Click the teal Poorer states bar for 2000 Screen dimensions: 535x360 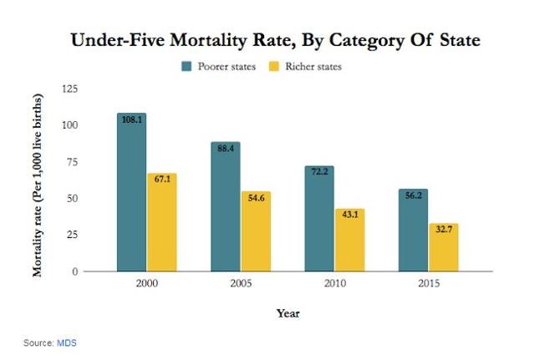132,192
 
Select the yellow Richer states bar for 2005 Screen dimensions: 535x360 257,231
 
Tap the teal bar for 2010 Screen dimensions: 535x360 319,219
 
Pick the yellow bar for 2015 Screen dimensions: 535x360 444,247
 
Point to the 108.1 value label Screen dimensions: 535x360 132,119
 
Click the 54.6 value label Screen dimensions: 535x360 257,198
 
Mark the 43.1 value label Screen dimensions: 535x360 350,215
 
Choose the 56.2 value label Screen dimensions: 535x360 414,195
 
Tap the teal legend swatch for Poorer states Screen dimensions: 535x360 186,66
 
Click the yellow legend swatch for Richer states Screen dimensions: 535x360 274,66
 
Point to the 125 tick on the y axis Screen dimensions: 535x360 69,89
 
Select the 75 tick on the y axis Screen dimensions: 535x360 73,162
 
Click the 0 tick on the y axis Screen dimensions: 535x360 75,271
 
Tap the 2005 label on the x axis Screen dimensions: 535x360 241,283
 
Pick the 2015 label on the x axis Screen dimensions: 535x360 429,283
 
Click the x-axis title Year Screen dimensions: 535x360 288,313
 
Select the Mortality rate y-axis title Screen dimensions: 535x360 38,185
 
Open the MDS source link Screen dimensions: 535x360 67,342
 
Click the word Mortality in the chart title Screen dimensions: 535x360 208,40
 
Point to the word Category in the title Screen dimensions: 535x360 366,41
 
